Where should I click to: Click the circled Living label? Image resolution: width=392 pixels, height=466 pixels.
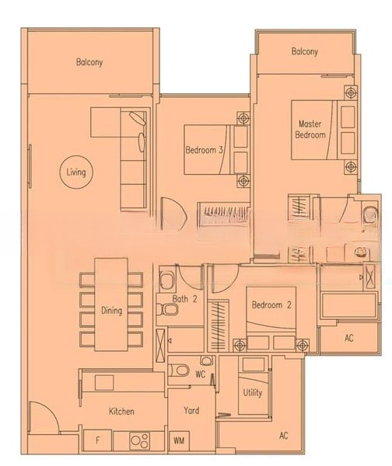(x=76, y=172)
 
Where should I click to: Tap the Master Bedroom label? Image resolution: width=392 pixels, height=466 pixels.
(x=310, y=129)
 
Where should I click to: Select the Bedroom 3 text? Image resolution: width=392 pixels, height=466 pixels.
(x=205, y=150)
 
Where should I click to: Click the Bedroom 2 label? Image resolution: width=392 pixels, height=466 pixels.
(x=271, y=305)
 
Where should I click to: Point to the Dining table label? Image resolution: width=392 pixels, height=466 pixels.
(x=112, y=311)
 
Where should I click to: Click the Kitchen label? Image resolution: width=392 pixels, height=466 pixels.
(x=121, y=412)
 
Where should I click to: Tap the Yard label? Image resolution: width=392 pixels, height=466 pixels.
(x=191, y=410)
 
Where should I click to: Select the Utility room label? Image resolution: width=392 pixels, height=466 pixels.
(x=253, y=392)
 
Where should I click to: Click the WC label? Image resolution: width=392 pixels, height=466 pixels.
(x=201, y=374)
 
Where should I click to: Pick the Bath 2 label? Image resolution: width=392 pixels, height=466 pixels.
(x=184, y=299)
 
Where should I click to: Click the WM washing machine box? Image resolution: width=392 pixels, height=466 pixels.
(x=179, y=440)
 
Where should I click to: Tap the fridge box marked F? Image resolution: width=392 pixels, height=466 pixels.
(x=97, y=440)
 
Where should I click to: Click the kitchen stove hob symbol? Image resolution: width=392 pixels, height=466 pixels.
(x=139, y=440)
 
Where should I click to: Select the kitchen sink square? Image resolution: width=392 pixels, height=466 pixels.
(x=104, y=382)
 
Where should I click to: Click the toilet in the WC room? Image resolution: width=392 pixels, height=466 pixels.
(x=179, y=370)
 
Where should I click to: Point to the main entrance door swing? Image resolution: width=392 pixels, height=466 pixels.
(x=43, y=416)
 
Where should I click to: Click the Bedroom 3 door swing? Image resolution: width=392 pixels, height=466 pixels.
(x=173, y=214)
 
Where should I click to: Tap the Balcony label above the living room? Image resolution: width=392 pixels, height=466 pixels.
(x=89, y=62)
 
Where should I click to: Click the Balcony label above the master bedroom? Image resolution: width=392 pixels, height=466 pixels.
(x=304, y=51)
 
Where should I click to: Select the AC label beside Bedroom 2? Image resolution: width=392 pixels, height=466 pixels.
(x=349, y=338)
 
